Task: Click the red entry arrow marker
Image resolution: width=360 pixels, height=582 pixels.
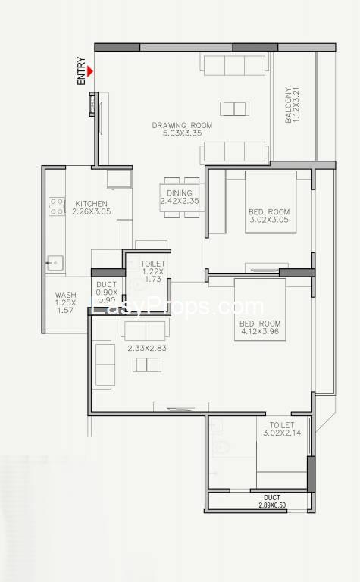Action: [x=90, y=71]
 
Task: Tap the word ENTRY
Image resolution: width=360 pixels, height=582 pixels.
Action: [x=81, y=71]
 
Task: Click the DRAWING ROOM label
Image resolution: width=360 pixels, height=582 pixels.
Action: [x=182, y=125]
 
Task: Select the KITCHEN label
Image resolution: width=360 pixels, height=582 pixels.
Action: [x=91, y=203]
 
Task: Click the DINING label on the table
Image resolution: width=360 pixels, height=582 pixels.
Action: [x=180, y=193]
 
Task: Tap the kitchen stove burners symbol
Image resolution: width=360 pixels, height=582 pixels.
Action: [x=57, y=206]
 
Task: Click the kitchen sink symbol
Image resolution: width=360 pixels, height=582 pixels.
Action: [x=55, y=263]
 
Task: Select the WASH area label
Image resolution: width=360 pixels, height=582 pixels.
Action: [x=66, y=295]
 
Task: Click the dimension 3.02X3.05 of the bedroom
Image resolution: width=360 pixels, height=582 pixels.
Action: [x=269, y=220]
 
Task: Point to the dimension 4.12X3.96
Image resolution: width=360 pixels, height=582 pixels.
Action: [x=260, y=331]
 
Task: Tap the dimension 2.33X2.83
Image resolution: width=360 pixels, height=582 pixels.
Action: [x=147, y=348]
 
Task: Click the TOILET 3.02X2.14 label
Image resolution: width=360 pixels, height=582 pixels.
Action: [x=282, y=429]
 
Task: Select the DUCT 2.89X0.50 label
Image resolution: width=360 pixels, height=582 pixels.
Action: [x=272, y=501]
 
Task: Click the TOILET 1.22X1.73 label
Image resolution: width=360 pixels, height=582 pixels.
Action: [x=153, y=271]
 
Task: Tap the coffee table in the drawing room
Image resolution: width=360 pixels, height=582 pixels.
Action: [x=234, y=109]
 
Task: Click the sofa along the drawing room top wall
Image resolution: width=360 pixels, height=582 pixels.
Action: [x=234, y=64]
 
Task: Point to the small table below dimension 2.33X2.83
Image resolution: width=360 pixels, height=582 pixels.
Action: [x=147, y=365]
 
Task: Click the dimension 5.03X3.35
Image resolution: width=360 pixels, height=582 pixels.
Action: [x=182, y=133]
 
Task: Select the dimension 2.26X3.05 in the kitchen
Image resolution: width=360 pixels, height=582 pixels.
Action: [x=91, y=211]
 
